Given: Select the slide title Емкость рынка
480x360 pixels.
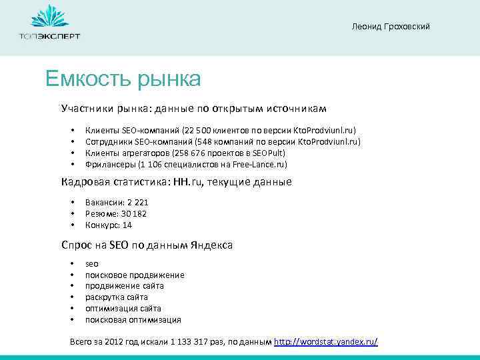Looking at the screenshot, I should (123, 79).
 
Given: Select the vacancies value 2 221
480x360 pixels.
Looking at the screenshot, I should (135, 203).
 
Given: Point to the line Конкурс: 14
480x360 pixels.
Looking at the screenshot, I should (109, 225).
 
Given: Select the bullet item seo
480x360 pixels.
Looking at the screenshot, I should (92, 264).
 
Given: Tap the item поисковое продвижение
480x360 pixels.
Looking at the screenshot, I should (135, 275).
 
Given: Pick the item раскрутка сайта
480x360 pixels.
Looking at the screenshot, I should (117, 297).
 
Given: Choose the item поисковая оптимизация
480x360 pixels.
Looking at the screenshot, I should (133, 320).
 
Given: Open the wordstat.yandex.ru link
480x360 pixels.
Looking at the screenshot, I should (326, 342).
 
